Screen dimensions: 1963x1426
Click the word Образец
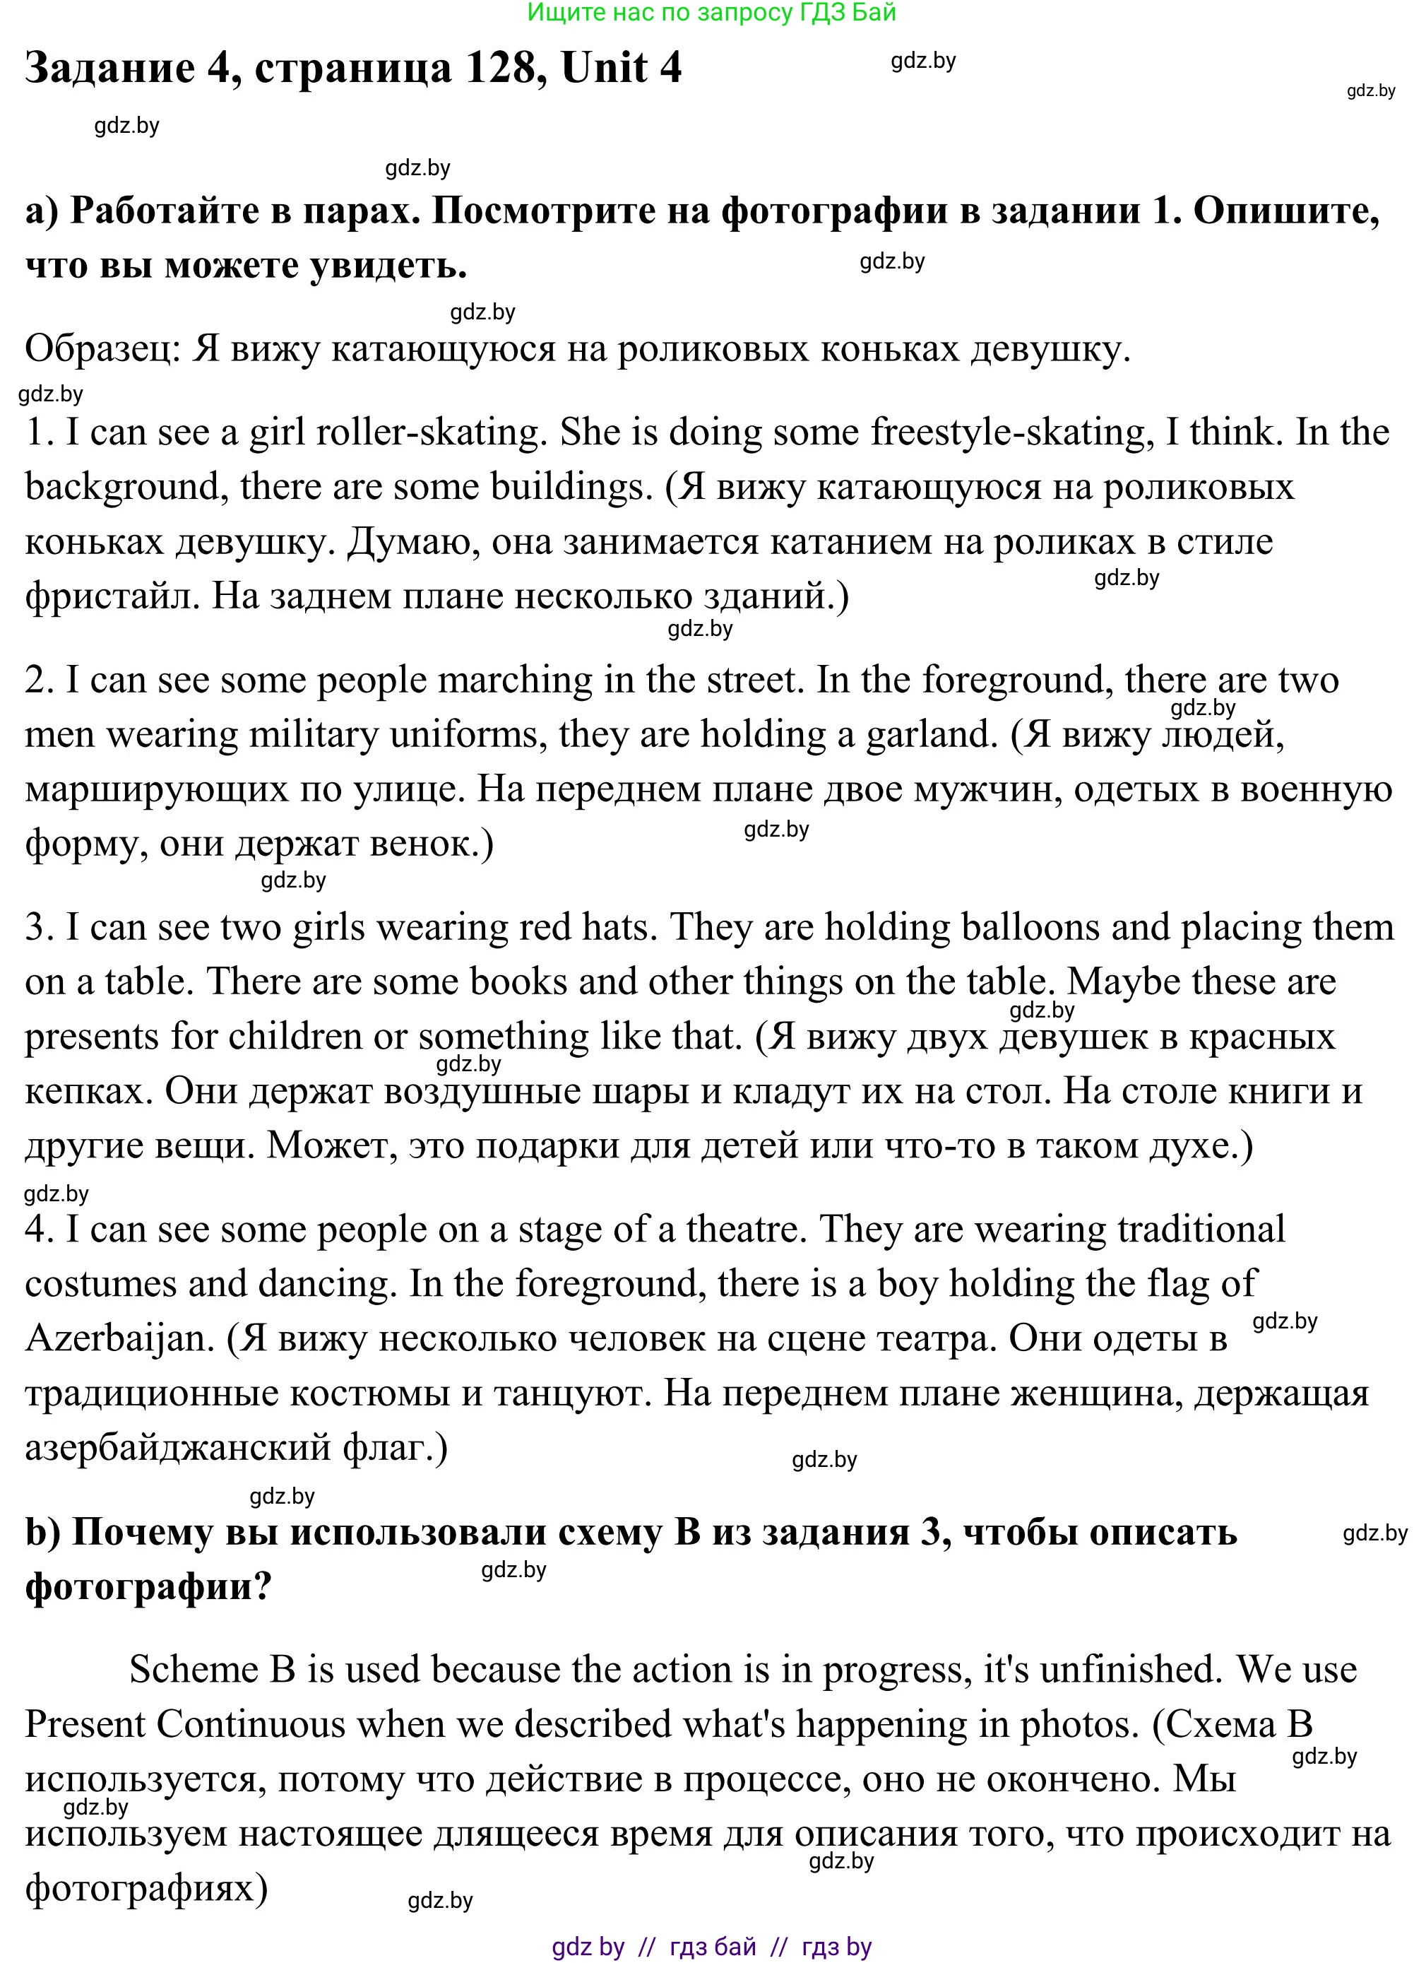pyautogui.click(x=100, y=350)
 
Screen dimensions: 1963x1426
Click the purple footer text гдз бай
pyautogui.click(x=712, y=1947)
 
